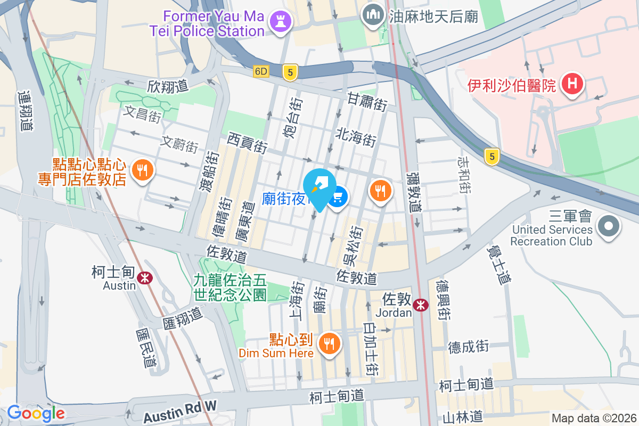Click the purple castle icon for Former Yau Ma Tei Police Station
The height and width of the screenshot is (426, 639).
(278, 22)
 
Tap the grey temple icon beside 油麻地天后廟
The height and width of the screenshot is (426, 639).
(372, 14)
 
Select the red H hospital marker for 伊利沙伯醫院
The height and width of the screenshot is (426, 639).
(572, 84)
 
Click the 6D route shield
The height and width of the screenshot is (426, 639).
(261, 71)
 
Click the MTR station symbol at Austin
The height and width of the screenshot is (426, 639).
(144, 277)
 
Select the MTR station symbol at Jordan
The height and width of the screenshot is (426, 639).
(421, 305)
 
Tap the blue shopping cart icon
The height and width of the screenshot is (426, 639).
(338, 199)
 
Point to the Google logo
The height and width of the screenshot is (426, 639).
(36, 413)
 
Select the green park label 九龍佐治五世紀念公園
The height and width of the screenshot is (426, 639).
(230, 286)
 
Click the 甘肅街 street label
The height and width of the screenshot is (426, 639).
(367, 101)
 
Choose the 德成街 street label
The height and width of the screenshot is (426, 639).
(468, 346)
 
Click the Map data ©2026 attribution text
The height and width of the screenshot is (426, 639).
(593, 418)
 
